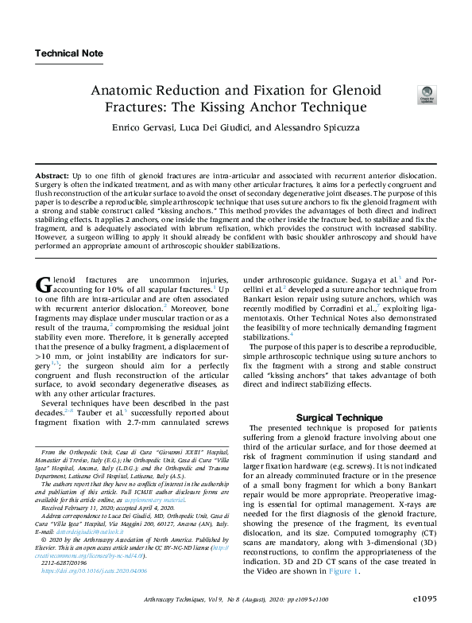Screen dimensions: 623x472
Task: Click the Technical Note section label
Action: click(x=69, y=54)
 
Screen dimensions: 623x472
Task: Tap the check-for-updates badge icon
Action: click(x=427, y=95)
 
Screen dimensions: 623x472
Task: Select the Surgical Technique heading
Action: click(x=339, y=417)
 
